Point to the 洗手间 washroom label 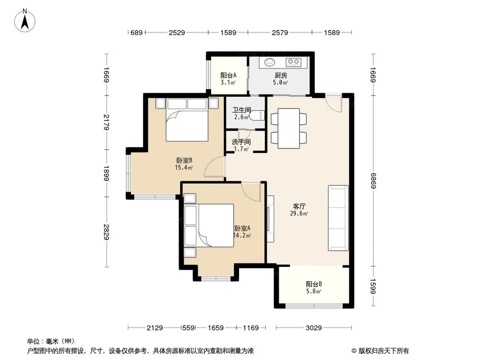tap(241, 145)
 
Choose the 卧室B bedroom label tap(184, 164)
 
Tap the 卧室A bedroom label tap(242, 232)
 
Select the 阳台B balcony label tap(313, 287)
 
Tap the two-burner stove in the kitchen tap(293, 62)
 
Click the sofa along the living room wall tap(338, 218)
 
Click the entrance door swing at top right tap(333, 102)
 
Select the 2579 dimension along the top tap(279, 33)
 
